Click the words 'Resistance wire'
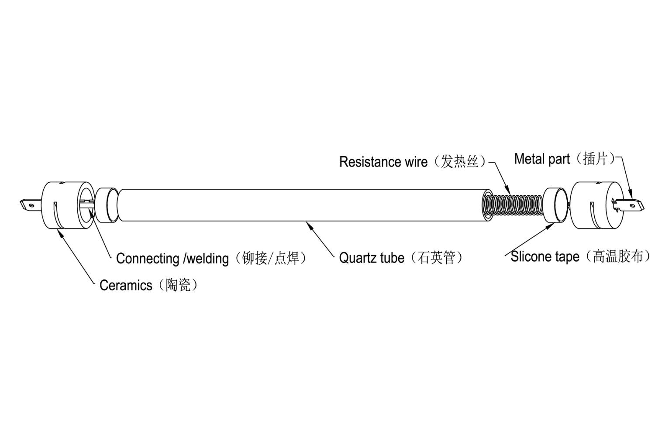[383, 162]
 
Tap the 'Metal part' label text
[541, 159]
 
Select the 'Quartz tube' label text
[371, 258]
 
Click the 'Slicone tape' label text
[545, 257]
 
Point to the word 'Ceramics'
[126, 285]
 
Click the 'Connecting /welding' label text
[172, 259]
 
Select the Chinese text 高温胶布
[617, 256]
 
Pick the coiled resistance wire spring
[513, 205]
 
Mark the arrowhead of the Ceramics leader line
[60, 232]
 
